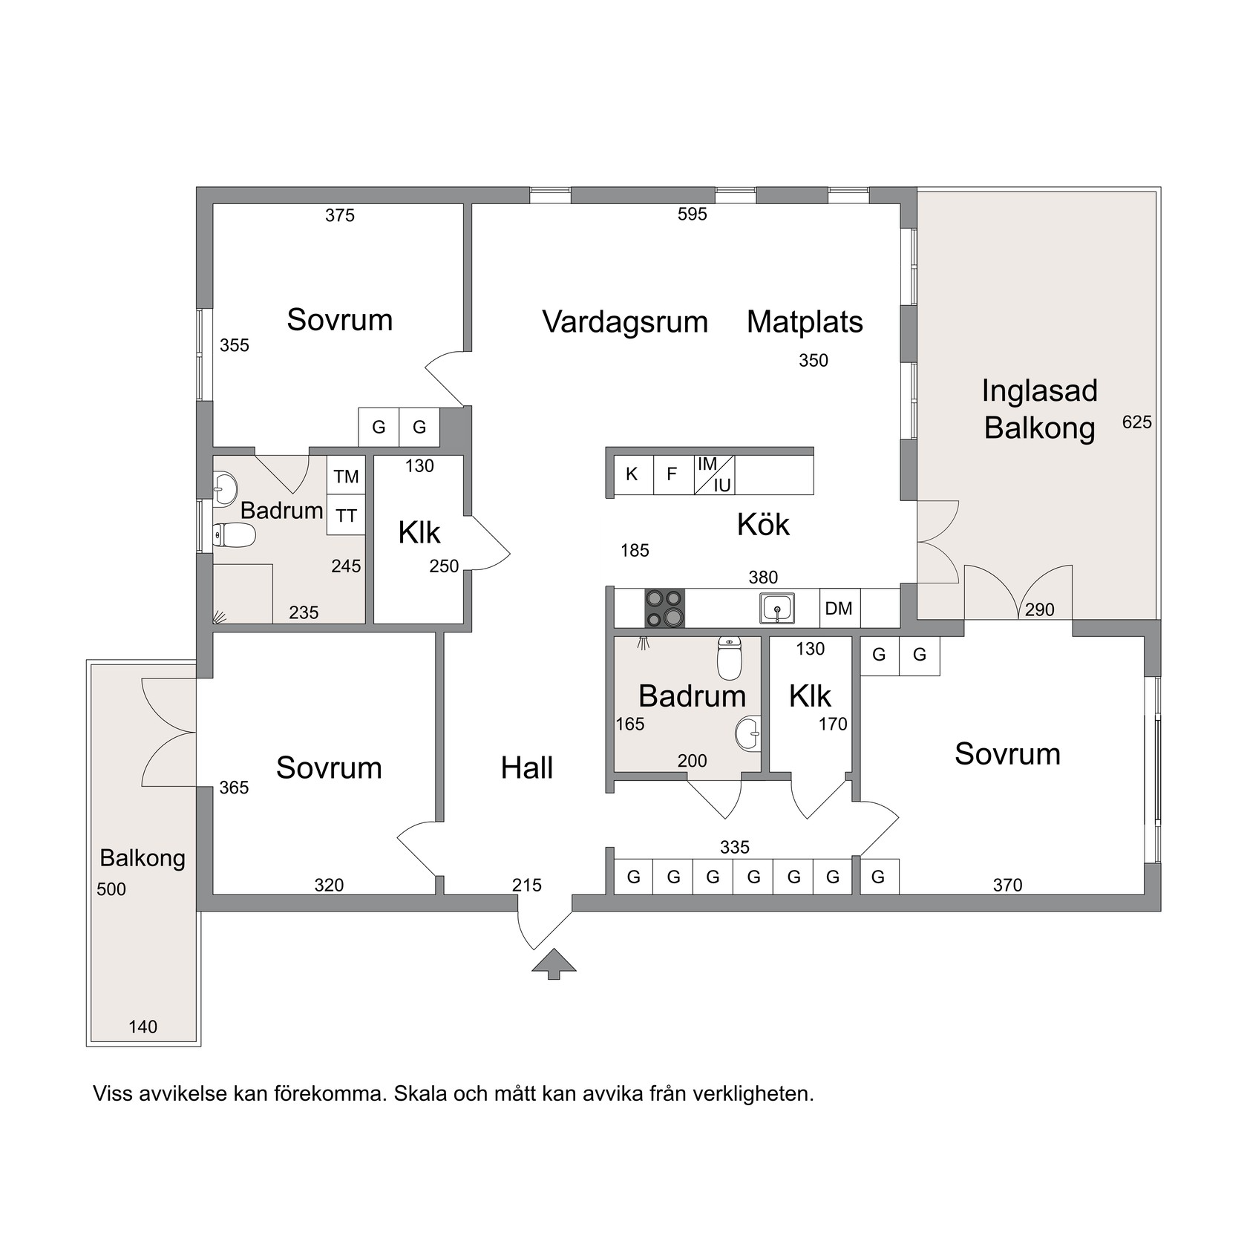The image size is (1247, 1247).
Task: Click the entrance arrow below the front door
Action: click(554, 963)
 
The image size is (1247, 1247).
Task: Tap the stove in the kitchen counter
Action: click(664, 609)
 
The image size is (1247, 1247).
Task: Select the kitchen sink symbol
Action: click(777, 609)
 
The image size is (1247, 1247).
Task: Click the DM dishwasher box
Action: click(839, 609)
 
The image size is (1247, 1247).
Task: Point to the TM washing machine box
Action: click(347, 475)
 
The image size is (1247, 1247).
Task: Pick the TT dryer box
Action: click(347, 515)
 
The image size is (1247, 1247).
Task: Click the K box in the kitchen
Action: click(633, 474)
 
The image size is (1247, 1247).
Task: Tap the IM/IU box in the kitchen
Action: click(714, 475)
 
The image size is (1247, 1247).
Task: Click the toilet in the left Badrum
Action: click(234, 534)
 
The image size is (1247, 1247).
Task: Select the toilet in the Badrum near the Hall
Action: click(730, 658)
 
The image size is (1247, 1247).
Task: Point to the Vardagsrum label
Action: click(625, 322)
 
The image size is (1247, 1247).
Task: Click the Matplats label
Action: click(805, 322)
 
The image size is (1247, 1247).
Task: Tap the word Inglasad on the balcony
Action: click(1039, 391)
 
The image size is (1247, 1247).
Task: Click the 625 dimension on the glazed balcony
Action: click(1137, 422)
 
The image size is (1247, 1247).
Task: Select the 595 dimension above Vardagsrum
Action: click(693, 215)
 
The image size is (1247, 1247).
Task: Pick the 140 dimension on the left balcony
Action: click(143, 1027)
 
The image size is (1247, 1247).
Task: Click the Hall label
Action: click(527, 768)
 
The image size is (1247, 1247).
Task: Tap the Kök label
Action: click(763, 525)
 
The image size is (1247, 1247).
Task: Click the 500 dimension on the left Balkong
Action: click(111, 888)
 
